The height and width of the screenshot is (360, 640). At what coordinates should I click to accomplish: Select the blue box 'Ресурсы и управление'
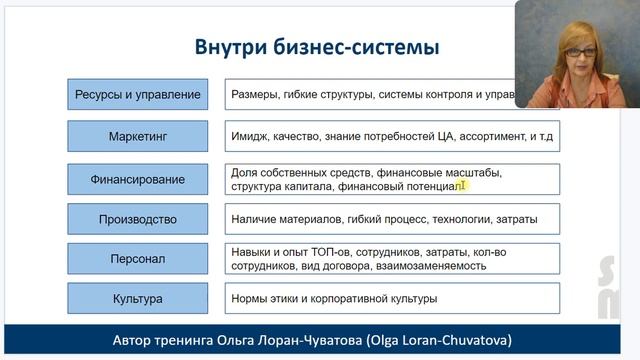pos(138,96)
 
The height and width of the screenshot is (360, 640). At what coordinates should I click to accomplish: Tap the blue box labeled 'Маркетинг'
pos(138,136)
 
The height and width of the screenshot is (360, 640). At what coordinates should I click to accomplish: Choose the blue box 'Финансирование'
pos(138,179)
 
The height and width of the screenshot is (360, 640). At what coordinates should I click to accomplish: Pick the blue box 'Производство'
pos(138,219)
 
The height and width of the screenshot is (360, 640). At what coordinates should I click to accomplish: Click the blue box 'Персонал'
pos(138,259)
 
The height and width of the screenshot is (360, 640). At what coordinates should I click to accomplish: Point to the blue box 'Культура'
pos(138,298)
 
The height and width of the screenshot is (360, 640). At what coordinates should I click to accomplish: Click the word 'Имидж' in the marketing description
pos(250,136)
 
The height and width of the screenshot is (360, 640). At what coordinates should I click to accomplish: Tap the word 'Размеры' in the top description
pos(256,96)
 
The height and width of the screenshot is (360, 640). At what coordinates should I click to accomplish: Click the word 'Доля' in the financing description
pos(245,173)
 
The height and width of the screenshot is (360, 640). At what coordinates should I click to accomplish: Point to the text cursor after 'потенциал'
pos(463,185)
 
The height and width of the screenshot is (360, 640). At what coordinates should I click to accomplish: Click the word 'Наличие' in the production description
pos(255,219)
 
